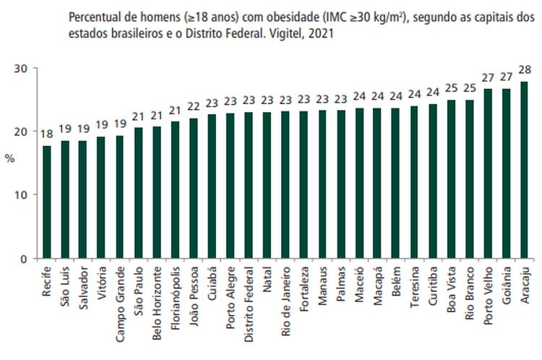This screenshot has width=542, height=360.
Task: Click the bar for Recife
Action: [47, 202]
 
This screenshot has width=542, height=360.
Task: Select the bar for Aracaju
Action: [524, 170]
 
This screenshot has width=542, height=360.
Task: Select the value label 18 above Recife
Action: [47, 134]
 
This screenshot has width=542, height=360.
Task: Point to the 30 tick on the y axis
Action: [23, 68]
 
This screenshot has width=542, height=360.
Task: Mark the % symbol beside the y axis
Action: [10, 157]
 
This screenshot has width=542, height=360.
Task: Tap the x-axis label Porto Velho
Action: [488, 289]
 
